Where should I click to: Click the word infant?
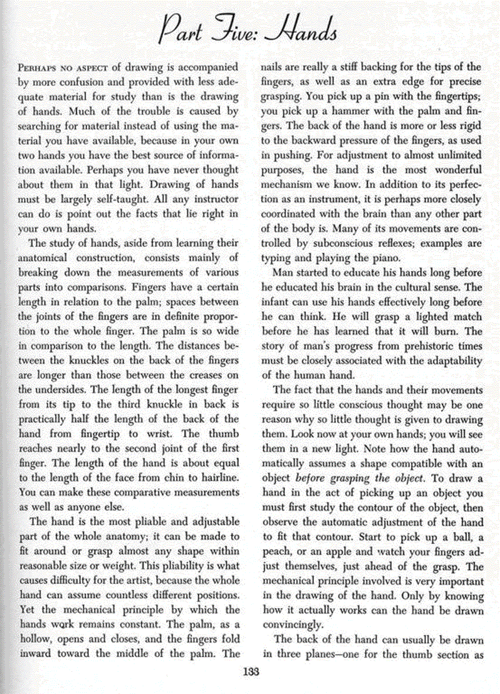tap(279, 302)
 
